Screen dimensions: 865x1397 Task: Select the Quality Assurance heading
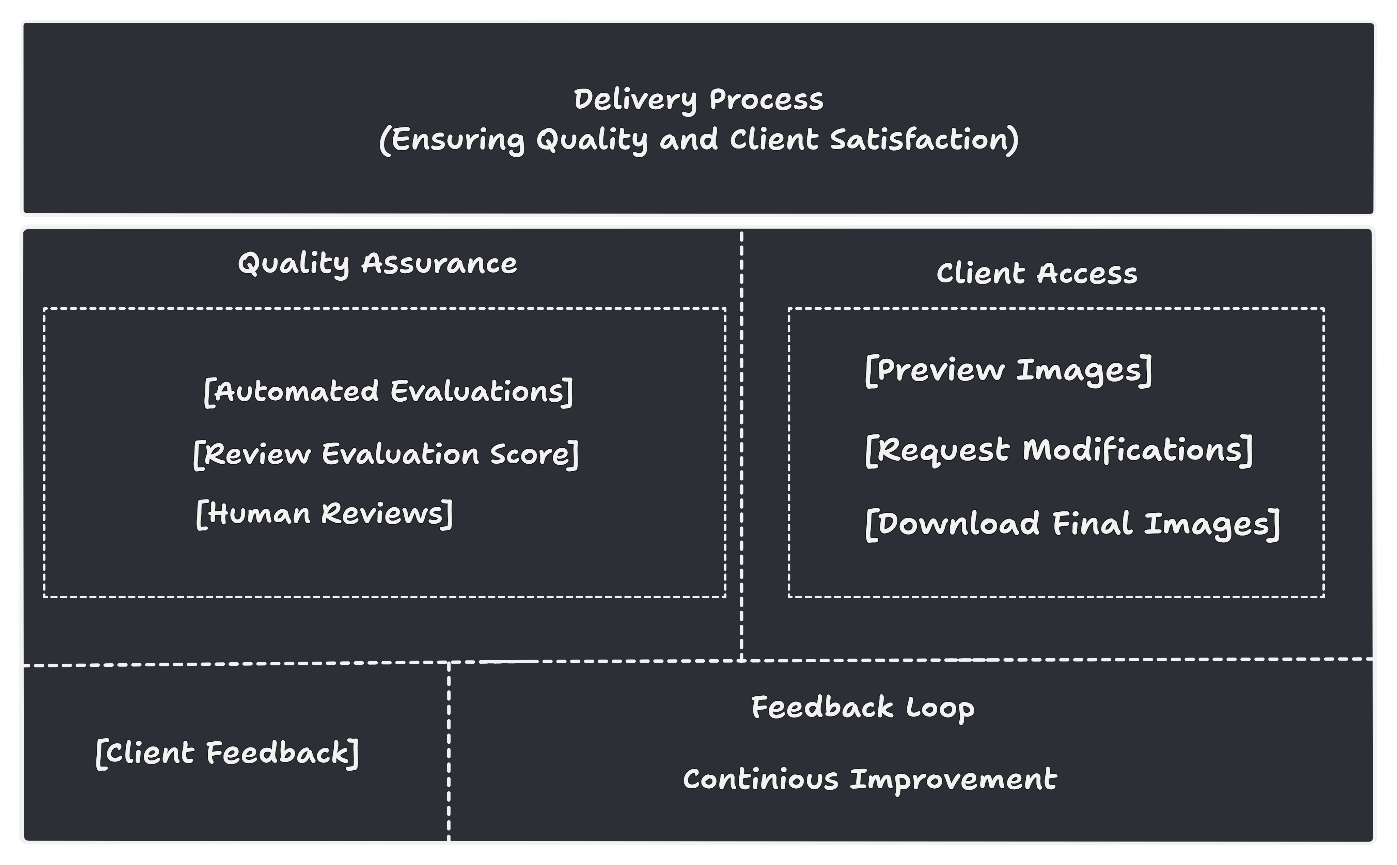377,264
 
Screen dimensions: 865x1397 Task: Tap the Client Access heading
1037,274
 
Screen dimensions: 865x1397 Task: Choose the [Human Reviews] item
324,514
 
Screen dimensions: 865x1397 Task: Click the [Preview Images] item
1008,370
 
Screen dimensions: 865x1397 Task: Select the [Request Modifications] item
1058,450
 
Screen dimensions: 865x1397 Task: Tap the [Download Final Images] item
1072,524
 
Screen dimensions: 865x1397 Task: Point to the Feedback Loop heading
863,708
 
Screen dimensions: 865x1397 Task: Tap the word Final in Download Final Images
1092,524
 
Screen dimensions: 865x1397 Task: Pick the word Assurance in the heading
439,264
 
